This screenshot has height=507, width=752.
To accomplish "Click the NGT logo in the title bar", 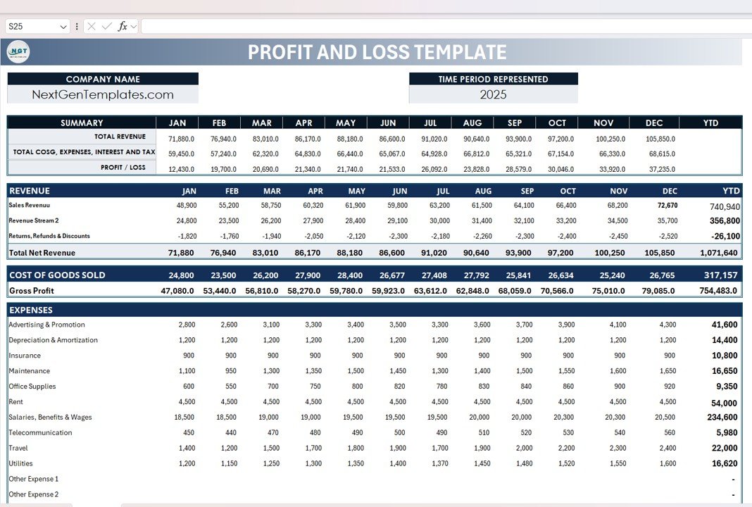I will coord(18,52).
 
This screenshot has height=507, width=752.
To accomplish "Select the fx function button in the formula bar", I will coord(123,26).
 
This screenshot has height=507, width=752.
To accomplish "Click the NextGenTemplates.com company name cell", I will coord(103,94).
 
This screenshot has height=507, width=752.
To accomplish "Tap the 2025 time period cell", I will coord(493,94).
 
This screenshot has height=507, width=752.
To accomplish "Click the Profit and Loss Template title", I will coord(377,52).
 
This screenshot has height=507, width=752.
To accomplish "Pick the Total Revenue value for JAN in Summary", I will coord(181,139).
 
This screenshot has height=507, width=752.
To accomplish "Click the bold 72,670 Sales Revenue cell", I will coord(667,206).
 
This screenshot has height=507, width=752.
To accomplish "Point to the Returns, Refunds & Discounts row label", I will coord(49,236).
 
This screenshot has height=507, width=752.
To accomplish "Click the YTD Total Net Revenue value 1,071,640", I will coord(719,253).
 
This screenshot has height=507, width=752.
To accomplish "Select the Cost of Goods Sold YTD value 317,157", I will coord(720,275).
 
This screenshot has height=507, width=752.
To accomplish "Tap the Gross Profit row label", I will coord(32,291).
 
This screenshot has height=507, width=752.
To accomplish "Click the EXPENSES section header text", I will coord(31,310).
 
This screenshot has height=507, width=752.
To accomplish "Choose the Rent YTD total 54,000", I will coord(725,403).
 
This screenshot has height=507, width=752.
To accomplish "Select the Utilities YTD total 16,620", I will coord(725,463).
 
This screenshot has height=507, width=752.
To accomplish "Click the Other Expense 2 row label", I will coord(34,494).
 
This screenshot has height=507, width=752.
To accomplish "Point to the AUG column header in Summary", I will coord(472,123).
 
